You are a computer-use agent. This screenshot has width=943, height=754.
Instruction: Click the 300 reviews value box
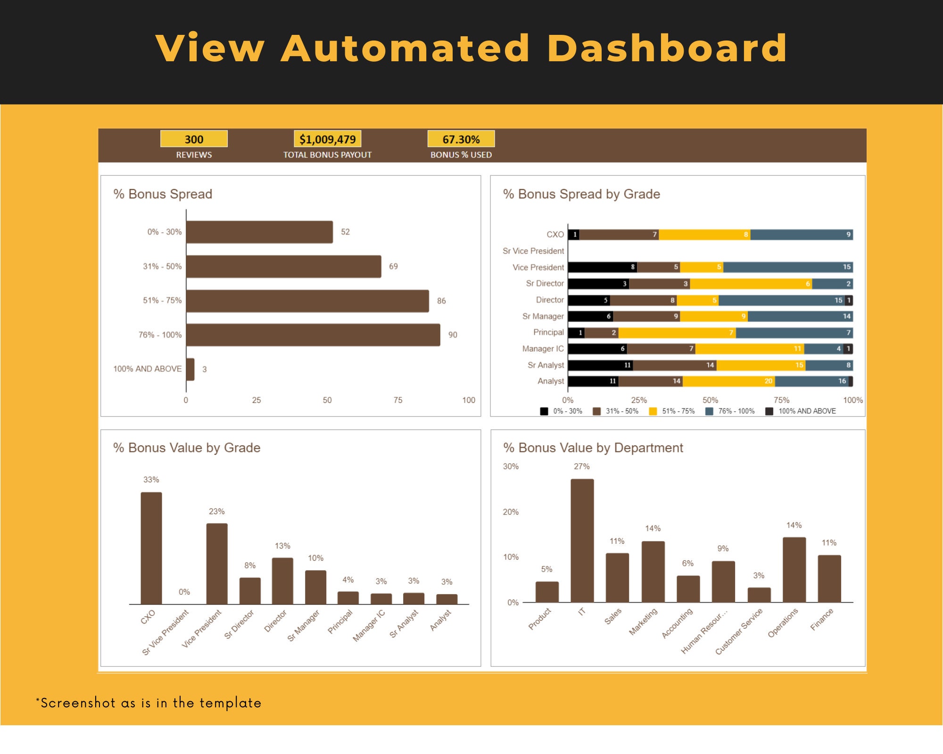tap(194, 139)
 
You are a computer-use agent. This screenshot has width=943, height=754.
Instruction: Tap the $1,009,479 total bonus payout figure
tap(327, 139)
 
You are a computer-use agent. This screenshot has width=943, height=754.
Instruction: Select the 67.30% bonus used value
tap(461, 139)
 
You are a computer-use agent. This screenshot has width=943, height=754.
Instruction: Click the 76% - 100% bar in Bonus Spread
tap(313, 335)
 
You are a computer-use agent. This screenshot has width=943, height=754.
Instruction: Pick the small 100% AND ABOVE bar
tap(190, 369)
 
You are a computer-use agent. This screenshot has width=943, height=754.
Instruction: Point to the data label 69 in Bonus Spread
tap(393, 266)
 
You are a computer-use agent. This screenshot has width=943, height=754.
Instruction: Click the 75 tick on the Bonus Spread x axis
tap(397, 400)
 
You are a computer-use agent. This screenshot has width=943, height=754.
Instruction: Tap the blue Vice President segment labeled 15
tap(787, 267)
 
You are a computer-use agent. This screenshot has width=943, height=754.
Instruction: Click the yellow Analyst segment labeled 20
tap(728, 381)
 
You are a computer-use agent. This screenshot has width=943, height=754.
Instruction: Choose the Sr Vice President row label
tap(533, 251)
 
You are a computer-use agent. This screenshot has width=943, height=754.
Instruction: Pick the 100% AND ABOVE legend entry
tap(801, 411)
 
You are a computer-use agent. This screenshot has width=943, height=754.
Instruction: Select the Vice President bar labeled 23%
tap(217, 563)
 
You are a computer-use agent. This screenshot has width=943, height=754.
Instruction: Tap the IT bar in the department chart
tap(582, 540)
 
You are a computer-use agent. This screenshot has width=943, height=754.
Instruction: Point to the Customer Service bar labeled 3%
tap(759, 594)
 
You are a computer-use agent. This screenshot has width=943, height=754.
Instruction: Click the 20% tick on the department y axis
tap(511, 512)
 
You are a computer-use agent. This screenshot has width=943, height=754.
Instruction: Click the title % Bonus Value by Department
tap(593, 447)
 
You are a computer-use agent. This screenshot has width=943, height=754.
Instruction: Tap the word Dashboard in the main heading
tap(667, 48)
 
